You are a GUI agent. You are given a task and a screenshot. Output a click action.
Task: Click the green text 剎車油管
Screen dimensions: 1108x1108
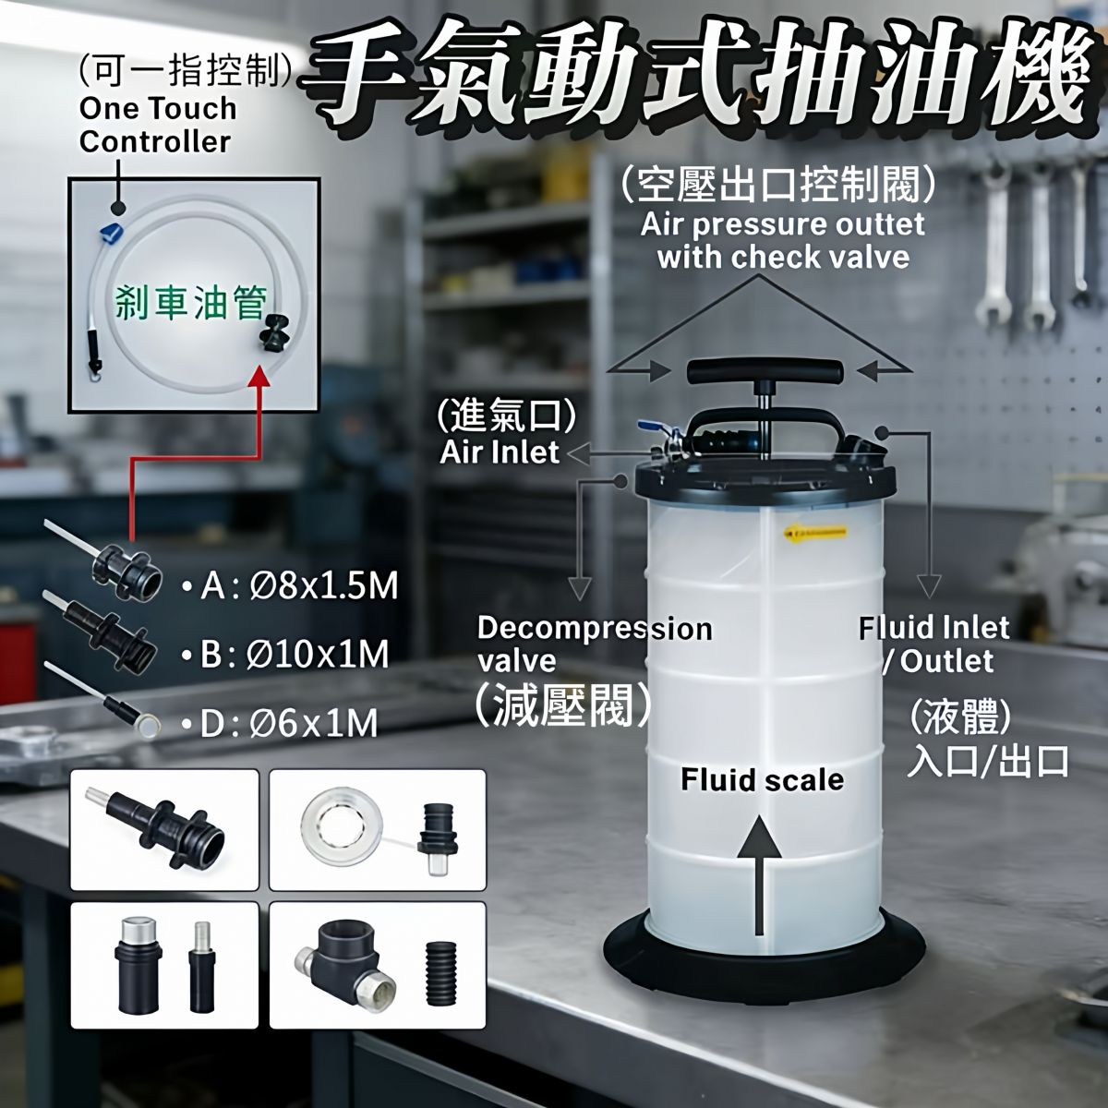(x=192, y=303)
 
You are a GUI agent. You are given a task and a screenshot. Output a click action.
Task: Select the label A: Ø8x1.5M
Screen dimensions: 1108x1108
(x=289, y=586)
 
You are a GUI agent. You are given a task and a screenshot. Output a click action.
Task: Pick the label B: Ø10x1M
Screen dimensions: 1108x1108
(x=284, y=655)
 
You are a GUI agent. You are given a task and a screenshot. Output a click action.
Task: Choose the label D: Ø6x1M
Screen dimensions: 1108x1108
(x=279, y=723)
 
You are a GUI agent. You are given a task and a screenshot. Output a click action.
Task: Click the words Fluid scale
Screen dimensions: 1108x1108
(x=762, y=779)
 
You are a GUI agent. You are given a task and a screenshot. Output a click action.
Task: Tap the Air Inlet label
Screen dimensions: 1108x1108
(x=500, y=452)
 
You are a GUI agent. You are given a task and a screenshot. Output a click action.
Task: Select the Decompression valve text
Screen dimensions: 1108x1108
(x=594, y=644)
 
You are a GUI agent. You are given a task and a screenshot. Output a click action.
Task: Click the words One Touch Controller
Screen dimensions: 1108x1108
(x=158, y=125)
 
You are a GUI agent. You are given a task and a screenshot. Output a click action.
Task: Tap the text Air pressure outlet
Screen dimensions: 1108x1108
(x=782, y=224)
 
